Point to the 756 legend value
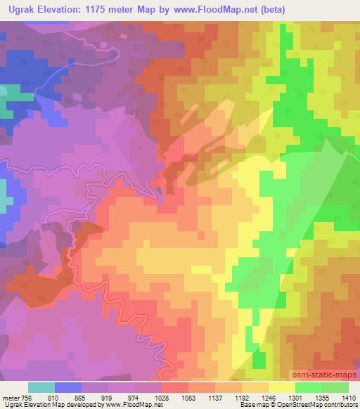[x=25, y=397]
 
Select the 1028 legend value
[x=163, y=397]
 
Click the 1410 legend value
[x=349, y=397]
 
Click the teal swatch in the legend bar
[x=41, y=387]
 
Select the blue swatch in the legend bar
[x=69, y=387]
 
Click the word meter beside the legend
[x=10, y=397]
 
